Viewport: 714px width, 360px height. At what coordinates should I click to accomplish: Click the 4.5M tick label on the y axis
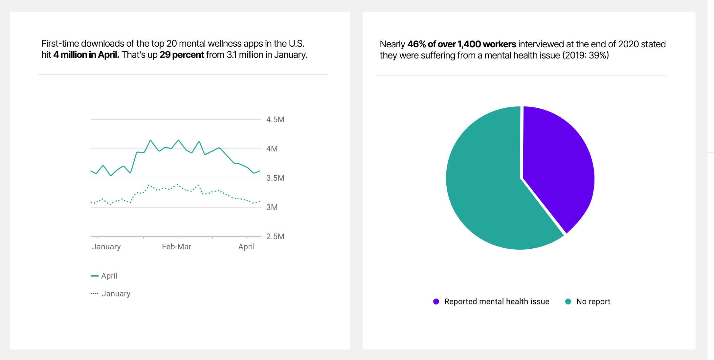coord(275,120)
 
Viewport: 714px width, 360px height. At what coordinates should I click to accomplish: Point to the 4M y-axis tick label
coord(272,149)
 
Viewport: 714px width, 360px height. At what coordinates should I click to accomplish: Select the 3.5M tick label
coord(275,178)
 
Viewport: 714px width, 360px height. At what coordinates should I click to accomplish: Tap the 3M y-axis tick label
coord(272,207)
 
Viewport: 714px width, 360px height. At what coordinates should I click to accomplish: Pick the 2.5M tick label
coord(275,236)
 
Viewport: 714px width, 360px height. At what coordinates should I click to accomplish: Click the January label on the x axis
coord(106,247)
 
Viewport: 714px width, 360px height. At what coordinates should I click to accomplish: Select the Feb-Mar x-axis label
coord(176,247)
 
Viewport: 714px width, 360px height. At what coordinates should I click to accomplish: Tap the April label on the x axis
coord(246,247)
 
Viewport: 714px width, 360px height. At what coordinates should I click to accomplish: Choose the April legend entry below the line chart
coord(109,276)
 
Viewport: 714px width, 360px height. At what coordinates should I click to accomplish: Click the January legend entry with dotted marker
coord(116,294)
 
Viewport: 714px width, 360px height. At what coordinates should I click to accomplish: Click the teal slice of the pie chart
coord(486,191)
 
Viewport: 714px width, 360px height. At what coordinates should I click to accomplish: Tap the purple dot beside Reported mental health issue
coord(436,302)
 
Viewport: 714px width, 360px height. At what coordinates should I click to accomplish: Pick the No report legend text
coord(593,302)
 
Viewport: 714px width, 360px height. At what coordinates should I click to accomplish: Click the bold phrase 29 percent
coord(182,55)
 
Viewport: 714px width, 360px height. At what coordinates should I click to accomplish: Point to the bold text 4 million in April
coord(86,55)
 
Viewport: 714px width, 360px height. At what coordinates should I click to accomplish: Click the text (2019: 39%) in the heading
coord(586,56)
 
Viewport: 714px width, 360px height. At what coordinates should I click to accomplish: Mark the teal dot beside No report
coord(568,302)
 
